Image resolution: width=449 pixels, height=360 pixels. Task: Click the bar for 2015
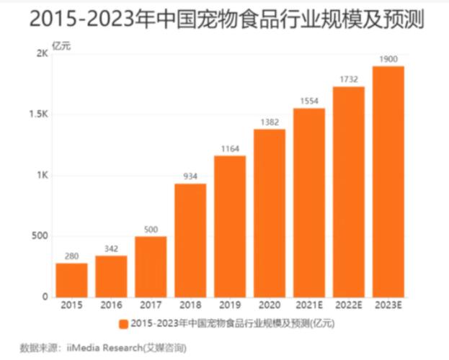click(71, 279)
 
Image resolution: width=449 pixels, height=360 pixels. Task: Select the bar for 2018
click(190, 240)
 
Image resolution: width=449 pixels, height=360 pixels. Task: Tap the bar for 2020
click(270, 212)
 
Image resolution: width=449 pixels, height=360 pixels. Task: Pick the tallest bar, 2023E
click(388, 181)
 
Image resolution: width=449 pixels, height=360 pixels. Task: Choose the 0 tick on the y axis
click(45, 297)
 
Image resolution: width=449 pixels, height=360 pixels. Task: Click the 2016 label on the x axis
click(111, 306)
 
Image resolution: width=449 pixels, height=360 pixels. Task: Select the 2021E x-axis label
click(308, 306)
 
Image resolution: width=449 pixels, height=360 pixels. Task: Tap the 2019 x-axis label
click(230, 306)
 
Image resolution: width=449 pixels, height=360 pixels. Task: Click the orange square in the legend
click(124, 323)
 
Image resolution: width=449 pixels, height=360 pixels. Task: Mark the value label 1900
click(388, 58)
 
